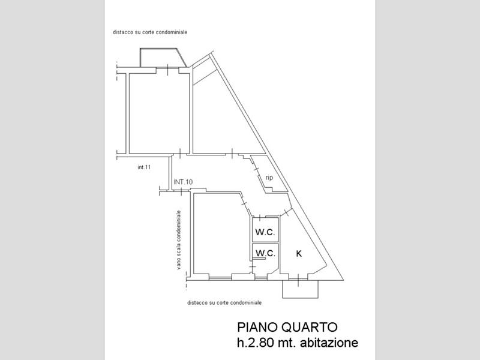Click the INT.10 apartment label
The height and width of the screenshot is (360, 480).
(x=183, y=182)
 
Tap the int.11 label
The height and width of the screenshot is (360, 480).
(x=144, y=167)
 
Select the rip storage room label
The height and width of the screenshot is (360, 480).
(x=269, y=178)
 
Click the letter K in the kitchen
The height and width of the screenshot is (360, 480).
(x=299, y=253)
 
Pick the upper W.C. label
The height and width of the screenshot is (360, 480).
(x=265, y=232)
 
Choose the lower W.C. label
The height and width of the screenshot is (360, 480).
(x=265, y=253)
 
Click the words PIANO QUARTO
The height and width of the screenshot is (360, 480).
(x=287, y=327)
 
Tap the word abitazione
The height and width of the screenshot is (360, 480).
(x=329, y=342)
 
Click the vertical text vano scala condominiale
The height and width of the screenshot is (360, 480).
(x=179, y=240)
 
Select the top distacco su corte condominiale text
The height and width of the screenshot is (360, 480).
(x=150, y=32)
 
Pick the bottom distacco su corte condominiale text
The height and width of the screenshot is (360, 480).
(x=224, y=303)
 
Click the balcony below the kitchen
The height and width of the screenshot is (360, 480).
(x=300, y=289)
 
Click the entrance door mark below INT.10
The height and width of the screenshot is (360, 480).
(x=181, y=191)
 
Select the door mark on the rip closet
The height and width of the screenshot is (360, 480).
(x=256, y=169)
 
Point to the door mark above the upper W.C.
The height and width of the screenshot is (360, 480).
(x=260, y=218)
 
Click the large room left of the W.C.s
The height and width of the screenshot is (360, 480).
(x=220, y=233)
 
